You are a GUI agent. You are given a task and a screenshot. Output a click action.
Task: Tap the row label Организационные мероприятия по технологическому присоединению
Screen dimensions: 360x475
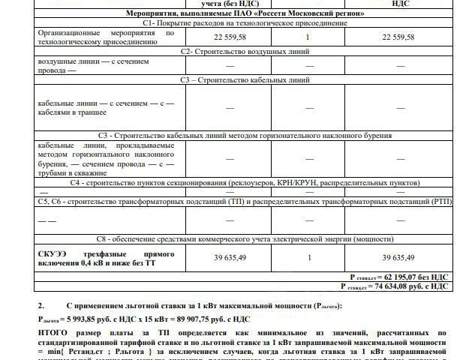tap(106, 37)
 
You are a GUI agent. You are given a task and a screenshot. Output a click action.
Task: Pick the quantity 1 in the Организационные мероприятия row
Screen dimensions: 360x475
tap(308, 37)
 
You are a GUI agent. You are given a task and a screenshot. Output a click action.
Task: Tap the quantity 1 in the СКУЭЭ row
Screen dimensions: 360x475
tap(308, 257)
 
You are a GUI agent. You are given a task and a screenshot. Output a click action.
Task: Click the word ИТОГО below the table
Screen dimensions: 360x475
tap(53, 331)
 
